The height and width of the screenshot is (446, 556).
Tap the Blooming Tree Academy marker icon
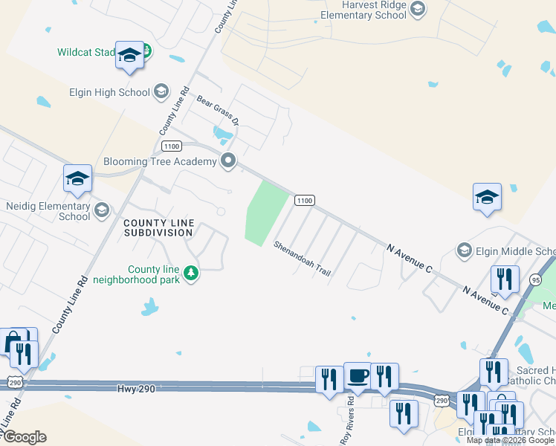pos(229,161)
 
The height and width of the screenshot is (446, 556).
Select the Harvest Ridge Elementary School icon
pos(417,9)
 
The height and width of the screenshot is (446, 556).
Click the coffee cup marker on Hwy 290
pos(357,375)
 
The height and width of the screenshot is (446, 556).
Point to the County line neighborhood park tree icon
pos(192,274)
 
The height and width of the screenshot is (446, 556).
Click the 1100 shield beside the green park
pos(304,200)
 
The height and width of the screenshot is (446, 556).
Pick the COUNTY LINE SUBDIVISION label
pos(158,227)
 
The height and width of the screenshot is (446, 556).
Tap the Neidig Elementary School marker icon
pos(101,211)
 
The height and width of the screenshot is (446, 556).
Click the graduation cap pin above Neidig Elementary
pos(77,178)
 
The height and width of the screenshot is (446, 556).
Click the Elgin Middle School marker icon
pos(465,250)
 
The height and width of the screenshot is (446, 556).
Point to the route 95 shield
pos(536,279)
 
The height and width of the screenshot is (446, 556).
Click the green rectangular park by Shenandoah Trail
pos(265,213)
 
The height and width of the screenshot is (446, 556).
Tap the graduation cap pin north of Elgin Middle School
pos(487,197)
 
